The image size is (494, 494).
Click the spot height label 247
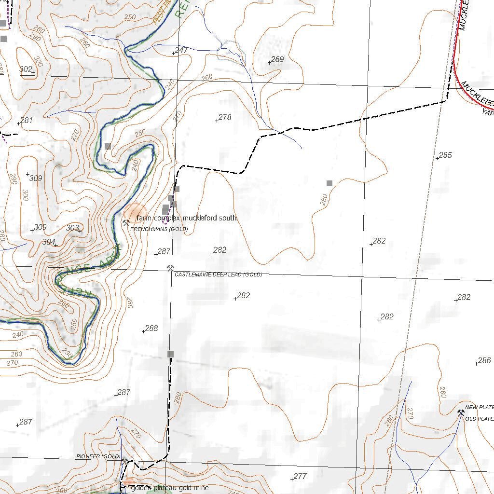(x=181, y=50)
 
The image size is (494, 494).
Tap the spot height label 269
(x=277, y=59)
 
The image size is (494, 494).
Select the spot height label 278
(x=225, y=117)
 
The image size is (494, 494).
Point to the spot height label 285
(x=445, y=155)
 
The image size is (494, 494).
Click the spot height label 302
(x=26, y=69)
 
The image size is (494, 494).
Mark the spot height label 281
(x=26, y=120)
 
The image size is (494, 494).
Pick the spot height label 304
(x=49, y=242)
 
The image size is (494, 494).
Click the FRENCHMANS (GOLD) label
(x=159, y=229)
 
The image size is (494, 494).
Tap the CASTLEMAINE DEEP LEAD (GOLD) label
(x=218, y=274)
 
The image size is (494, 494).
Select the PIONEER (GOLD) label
(x=98, y=456)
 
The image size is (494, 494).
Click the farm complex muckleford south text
(x=186, y=218)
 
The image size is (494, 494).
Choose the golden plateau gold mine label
(x=170, y=488)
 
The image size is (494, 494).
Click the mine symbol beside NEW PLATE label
(x=460, y=412)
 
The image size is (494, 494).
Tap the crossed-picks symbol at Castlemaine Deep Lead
(x=170, y=268)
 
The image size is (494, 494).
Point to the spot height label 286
(x=484, y=360)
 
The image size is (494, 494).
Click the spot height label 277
(x=300, y=476)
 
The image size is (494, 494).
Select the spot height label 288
(x=151, y=328)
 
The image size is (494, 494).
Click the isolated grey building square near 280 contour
(x=329, y=183)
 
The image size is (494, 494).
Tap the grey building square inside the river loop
(x=108, y=146)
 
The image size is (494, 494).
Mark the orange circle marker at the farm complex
(x=134, y=213)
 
